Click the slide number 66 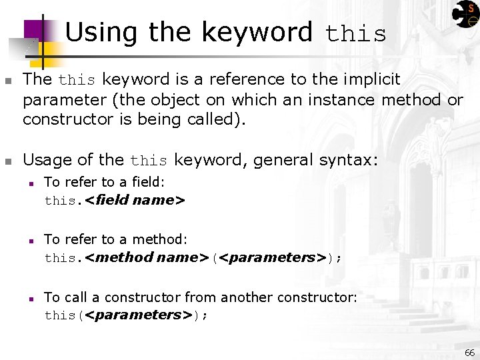tap(469, 353)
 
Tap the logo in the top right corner tap(465, 14)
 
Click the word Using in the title tap(102, 31)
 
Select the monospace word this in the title tap(355, 34)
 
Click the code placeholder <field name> tap(135, 200)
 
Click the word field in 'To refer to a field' tap(147, 182)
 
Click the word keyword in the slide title tap(257, 31)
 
